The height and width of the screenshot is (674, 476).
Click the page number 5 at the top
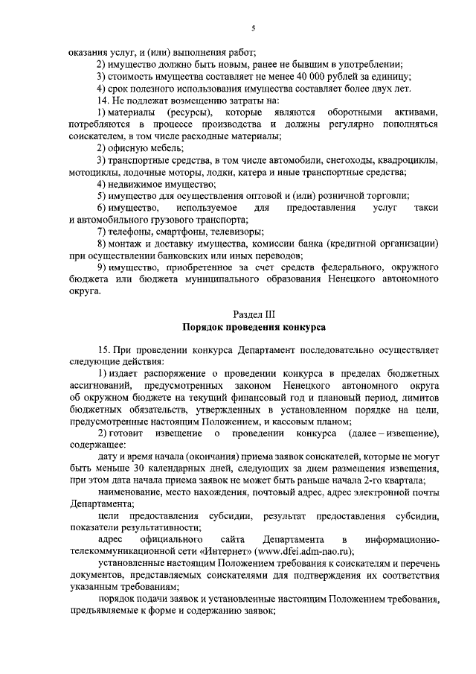[x=254, y=28]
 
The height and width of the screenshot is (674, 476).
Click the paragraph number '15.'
[x=103, y=349]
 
